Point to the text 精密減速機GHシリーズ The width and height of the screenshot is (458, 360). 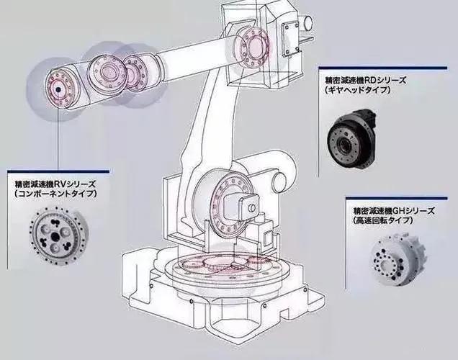(392, 211)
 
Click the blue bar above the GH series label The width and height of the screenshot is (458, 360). (400, 199)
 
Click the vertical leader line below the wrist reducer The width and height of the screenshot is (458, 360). (58, 137)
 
